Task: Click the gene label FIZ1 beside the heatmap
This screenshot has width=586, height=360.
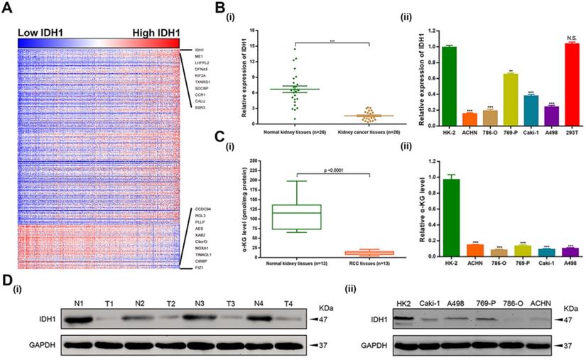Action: pyautogui.click(x=200, y=268)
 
